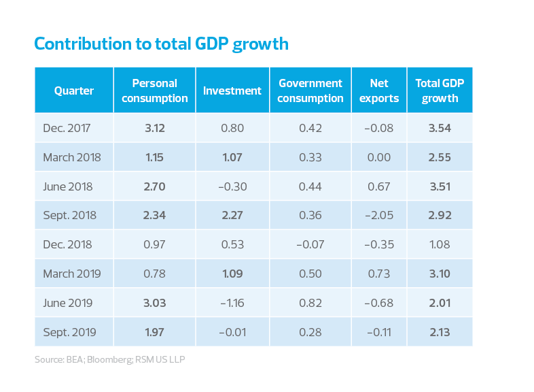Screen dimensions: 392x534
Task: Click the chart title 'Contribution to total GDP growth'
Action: point(161,45)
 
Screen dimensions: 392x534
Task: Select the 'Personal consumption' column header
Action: point(154,91)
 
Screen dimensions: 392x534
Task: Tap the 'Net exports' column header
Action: point(379,91)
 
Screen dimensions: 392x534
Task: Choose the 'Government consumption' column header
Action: point(310,91)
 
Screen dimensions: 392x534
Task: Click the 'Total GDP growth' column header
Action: point(440,91)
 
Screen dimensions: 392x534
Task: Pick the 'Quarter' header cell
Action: point(74,91)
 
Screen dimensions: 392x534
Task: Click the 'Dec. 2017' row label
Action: point(67,128)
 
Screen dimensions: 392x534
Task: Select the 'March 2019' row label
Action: point(72,274)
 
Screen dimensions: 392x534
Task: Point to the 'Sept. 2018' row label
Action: point(69,215)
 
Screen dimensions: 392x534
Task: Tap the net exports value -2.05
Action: point(378,215)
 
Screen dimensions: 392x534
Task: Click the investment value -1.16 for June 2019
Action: point(232,303)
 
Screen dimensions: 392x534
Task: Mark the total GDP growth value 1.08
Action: point(440,244)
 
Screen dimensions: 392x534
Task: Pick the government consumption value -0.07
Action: point(310,244)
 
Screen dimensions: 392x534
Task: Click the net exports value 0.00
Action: point(378,157)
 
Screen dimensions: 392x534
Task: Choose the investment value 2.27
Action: point(232,215)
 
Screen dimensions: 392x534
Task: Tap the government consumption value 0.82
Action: point(310,303)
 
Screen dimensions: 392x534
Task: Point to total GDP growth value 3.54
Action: point(440,128)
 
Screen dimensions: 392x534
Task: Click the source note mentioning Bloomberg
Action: point(109,359)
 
